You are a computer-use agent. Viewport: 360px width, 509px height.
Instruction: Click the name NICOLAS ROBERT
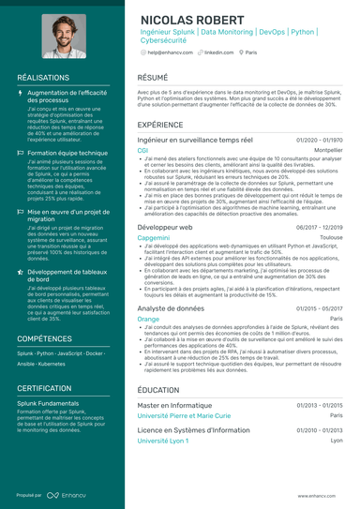(x=196, y=20)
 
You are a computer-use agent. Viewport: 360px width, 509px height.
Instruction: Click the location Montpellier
(x=326, y=150)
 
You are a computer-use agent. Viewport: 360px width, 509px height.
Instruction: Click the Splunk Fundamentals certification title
(x=48, y=402)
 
